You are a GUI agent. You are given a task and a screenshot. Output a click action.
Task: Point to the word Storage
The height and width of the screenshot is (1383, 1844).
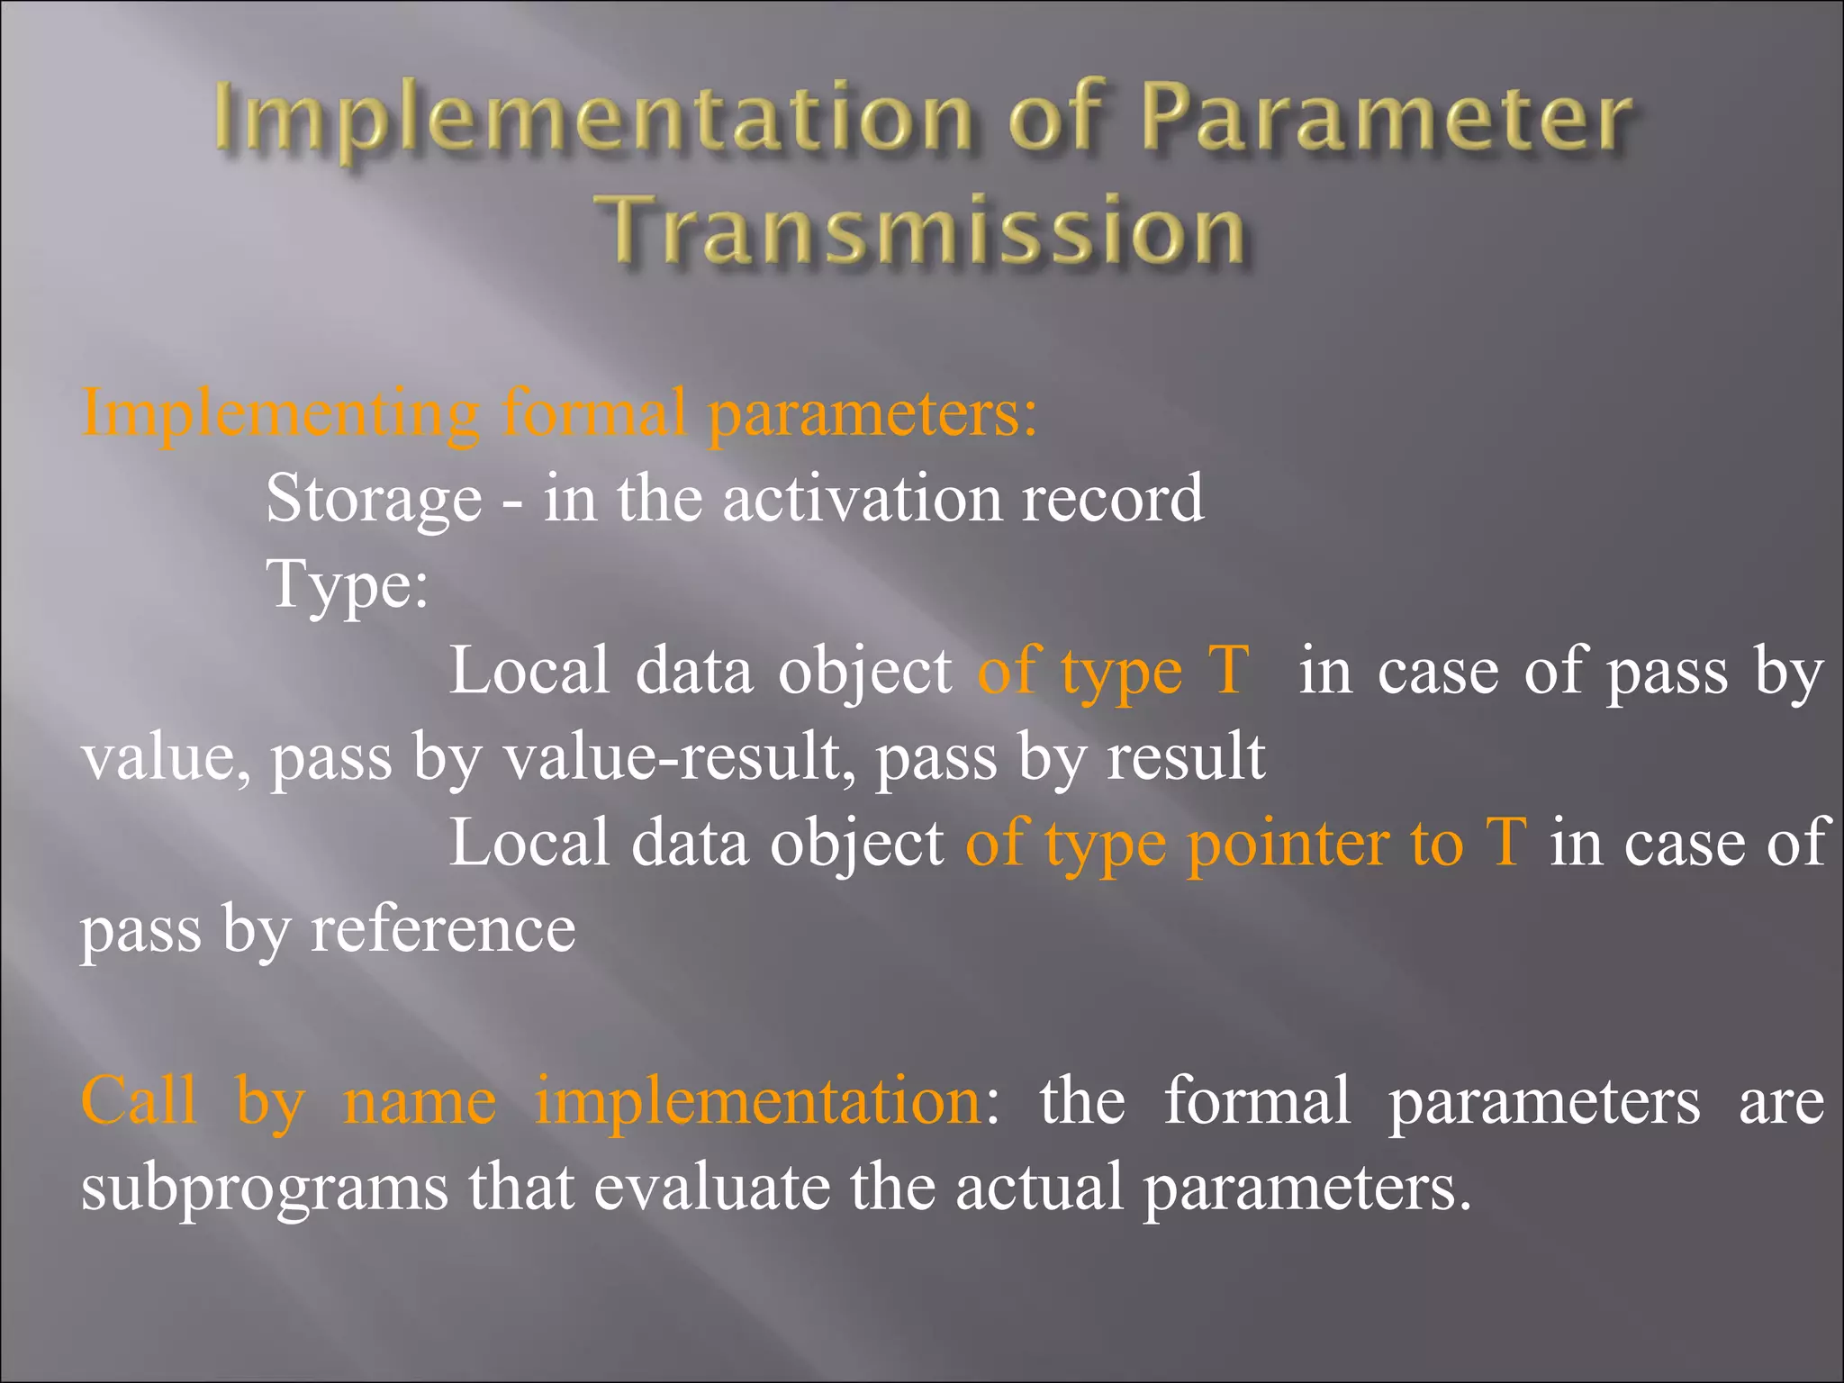[374, 500]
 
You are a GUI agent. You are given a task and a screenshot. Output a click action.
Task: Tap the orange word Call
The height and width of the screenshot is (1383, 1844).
[139, 1101]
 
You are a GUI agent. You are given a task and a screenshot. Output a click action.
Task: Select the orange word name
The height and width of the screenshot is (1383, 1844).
[420, 1101]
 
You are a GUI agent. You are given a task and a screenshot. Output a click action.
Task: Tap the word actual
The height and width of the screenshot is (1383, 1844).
[1039, 1187]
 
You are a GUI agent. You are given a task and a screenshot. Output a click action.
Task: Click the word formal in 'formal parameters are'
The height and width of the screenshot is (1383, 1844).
[1257, 1101]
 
